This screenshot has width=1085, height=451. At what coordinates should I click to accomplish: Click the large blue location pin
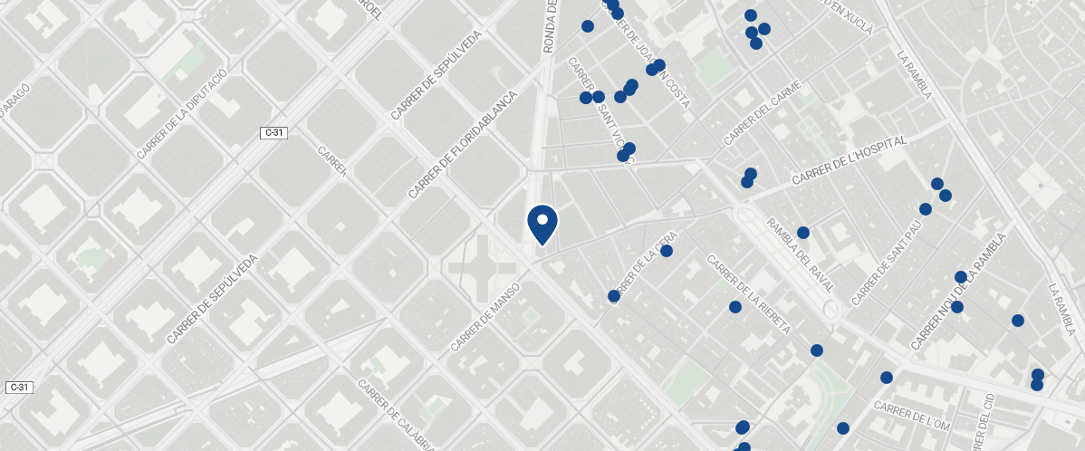click(542, 225)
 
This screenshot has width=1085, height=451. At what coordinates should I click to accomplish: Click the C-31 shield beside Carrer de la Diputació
click(274, 133)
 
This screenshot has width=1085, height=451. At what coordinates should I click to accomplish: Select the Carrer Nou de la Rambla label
click(958, 292)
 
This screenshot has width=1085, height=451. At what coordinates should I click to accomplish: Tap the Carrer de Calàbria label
click(394, 415)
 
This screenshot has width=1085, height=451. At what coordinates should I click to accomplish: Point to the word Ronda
click(549, 32)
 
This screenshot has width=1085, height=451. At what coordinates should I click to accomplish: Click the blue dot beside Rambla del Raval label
click(802, 233)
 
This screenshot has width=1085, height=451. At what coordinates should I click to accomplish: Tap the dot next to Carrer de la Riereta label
click(735, 307)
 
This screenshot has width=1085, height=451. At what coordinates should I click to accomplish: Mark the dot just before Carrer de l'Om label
click(843, 428)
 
